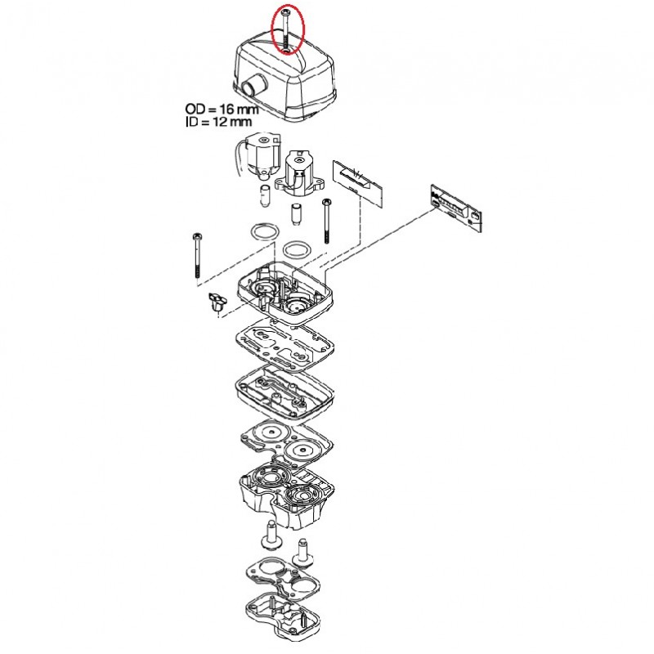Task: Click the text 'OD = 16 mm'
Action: click(x=222, y=110)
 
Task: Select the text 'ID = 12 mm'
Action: click(x=219, y=122)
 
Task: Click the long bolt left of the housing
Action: click(x=197, y=255)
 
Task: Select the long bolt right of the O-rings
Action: click(x=326, y=221)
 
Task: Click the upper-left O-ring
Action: click(x=264, y=232)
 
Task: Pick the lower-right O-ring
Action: click(x=297, y=250)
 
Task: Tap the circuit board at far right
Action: click(x=456, y=208)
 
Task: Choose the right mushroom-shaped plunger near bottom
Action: click(x=304, y=553)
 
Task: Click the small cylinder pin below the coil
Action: click(x=264, y=196)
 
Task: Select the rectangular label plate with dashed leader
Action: click(x=358, y=181)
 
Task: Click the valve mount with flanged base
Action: click(x=299, y=174)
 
